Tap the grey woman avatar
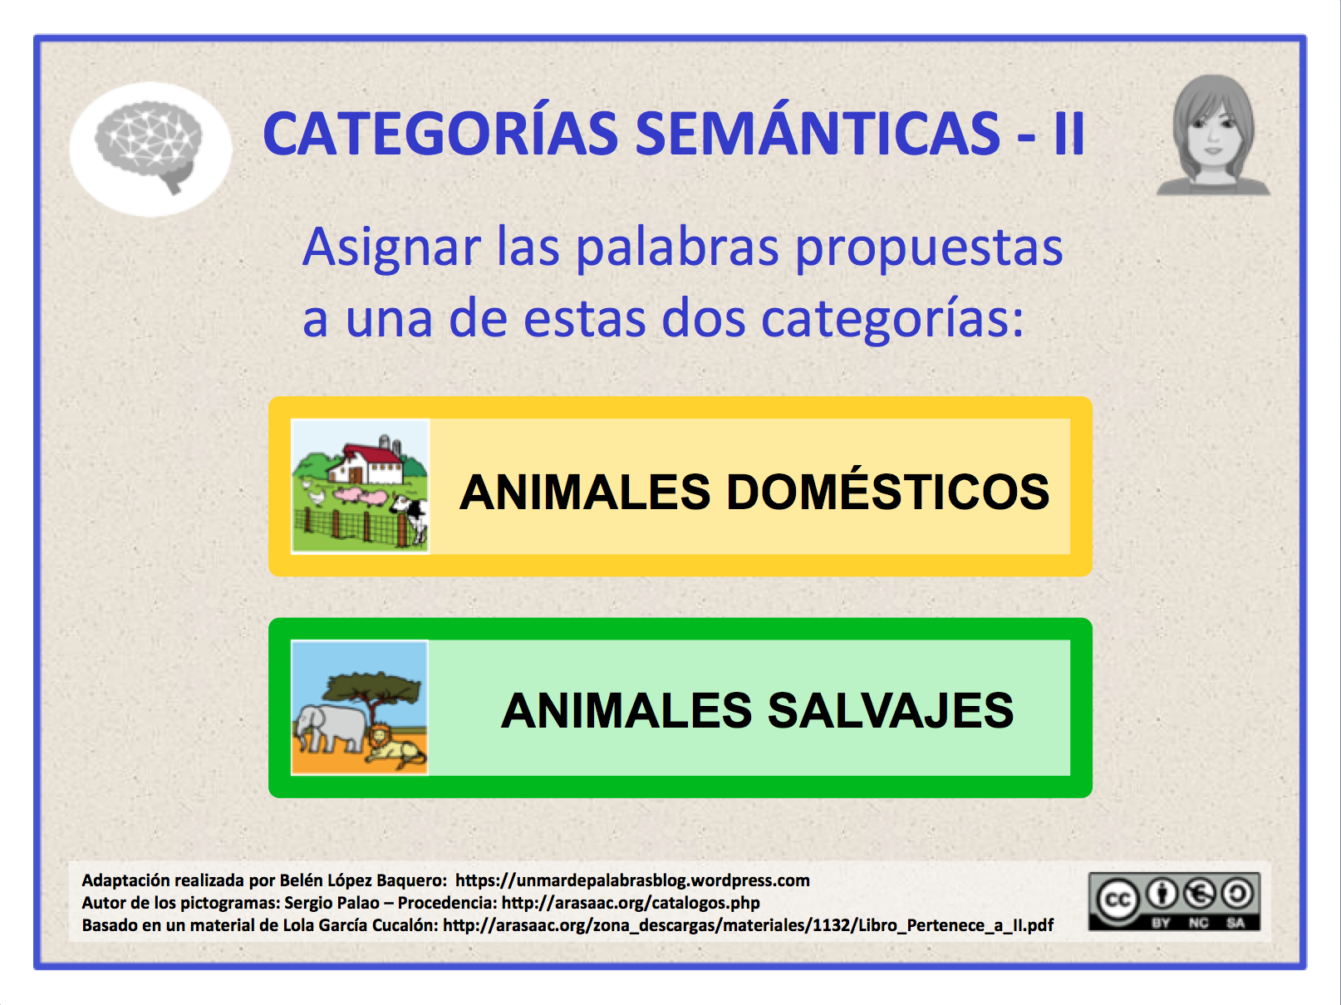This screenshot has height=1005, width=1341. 1213,135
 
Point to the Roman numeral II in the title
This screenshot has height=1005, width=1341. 1068,135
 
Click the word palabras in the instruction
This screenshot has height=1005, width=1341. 677,248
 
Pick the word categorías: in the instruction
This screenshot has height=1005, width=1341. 892,320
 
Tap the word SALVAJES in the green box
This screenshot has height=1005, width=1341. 890,710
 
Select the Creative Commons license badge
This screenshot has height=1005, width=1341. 1174,902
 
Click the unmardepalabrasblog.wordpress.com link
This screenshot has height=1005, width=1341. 632,880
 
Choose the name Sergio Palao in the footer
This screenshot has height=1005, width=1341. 331,903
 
